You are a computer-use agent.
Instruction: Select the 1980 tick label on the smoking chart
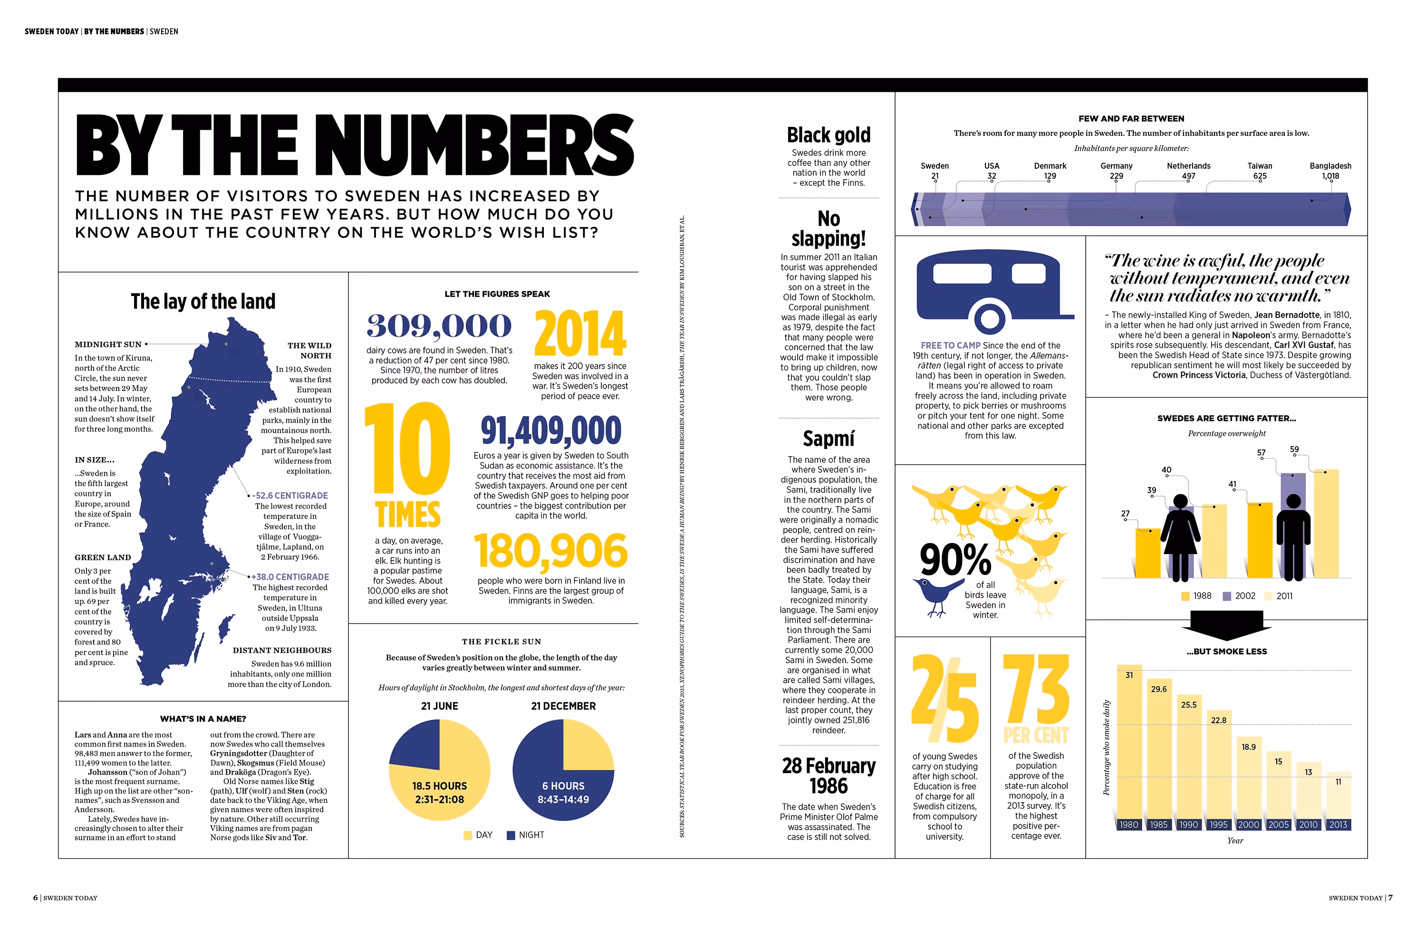coord(1129,825)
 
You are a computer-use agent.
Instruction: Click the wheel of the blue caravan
coord(989,317)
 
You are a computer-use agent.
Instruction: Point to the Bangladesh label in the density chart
coord(1330,166)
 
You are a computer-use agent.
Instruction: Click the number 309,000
coord(439,325)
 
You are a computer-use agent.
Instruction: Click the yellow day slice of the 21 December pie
coord(587,746)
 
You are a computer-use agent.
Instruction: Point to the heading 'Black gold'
coord(829,135)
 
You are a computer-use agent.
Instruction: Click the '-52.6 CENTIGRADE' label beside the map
coord(289,496)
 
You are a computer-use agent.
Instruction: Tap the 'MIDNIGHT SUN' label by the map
coord(108,344)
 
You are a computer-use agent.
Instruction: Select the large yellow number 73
coord(1036,689)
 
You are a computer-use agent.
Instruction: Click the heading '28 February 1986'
coord(829,776)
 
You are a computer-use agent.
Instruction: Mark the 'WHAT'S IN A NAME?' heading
coord(203,719)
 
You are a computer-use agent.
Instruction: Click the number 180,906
coord(550,551)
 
